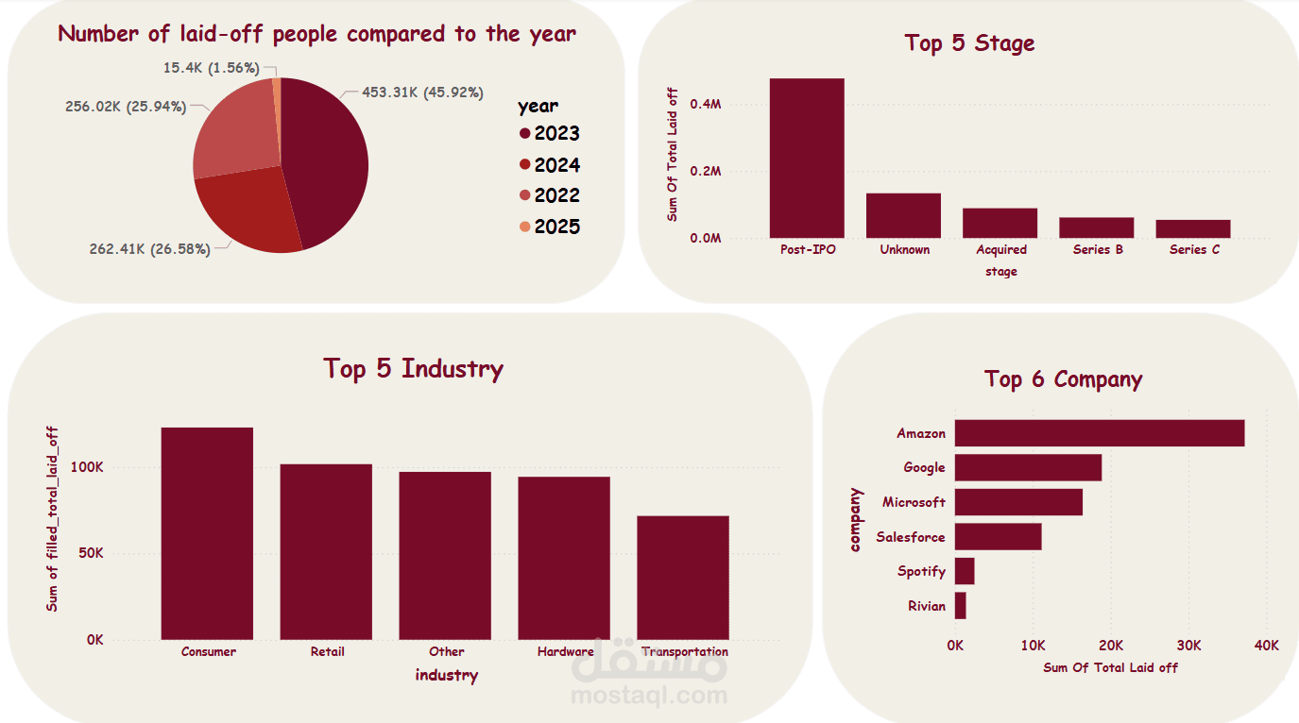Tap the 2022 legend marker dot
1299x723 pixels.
pos(525,196)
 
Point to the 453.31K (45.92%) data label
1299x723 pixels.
pos(422,92)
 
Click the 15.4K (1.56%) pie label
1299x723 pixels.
pos(211,68)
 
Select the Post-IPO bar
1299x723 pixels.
pos(807,158)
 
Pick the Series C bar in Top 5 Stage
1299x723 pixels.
pos(1193,228)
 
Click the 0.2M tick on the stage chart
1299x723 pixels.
pos(706,172)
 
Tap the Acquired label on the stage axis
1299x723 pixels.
pos(1001,250)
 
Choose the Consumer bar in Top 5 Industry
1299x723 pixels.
pos(207,533)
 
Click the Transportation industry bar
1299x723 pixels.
pos(683,578)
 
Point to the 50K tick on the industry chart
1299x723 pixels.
pos(89,553)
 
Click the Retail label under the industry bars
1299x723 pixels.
pos(327,652)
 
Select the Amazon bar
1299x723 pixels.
pos(1099,433)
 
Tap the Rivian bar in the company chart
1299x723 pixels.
pos(960,606)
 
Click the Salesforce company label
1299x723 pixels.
pos(910,537)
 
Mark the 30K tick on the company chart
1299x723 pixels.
pos(1188,646)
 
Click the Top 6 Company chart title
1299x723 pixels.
pos(1063,379)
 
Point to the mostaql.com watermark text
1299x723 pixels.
pos(649,697)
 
